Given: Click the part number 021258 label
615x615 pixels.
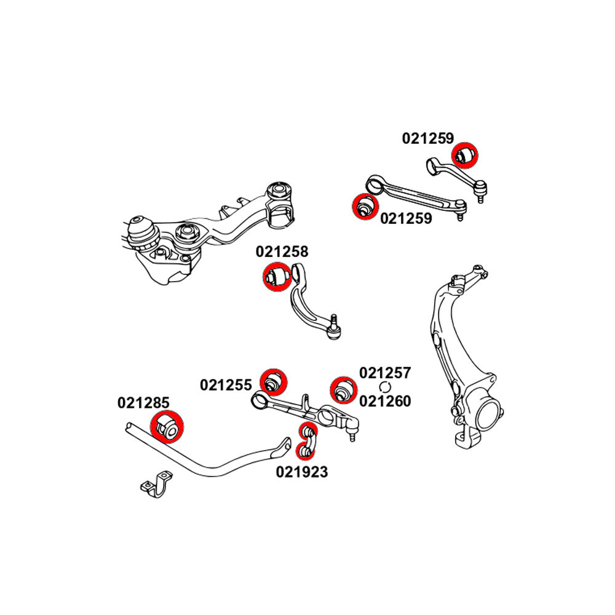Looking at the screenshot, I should (x=282, y=252).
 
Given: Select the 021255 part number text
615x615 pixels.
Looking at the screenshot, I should (x=226, y=386).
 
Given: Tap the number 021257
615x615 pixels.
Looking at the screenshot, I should (x=385, y=373).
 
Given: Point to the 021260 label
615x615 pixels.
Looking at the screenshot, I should (x=385, y=401).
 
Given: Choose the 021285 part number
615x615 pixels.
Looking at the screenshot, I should (x=143, y=403).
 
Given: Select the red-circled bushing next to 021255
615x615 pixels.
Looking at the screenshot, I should (x=272, y=382).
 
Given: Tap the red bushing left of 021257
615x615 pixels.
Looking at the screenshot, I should (x=341, y=388).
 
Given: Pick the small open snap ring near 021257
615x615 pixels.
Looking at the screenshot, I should (x=386, y=387).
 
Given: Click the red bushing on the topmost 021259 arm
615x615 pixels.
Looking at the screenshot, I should (x=466, y=154).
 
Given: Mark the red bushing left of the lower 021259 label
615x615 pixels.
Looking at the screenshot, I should (x=365, y=207).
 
